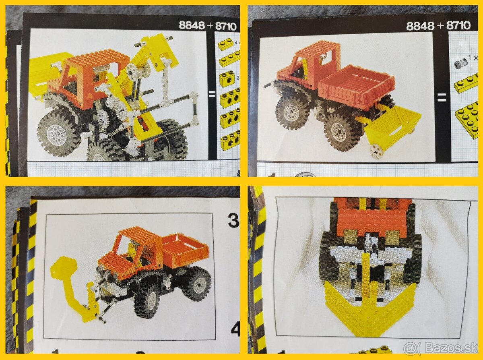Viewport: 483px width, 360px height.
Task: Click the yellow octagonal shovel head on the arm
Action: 64,266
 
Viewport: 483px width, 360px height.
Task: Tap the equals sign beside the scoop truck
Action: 442,97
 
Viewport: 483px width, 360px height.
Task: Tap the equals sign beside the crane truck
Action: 212,95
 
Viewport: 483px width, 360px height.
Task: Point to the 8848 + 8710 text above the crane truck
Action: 208,25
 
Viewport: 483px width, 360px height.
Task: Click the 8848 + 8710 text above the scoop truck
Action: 438,26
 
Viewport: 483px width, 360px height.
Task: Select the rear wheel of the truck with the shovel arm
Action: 196,283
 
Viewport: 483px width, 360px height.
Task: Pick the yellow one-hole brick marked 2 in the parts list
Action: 226,79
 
